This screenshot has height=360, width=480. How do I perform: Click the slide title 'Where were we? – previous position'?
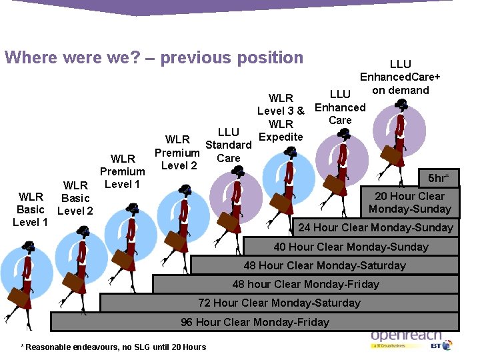[x=154, y=57]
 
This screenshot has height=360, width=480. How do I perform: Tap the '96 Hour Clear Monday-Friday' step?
[x=255, y=322]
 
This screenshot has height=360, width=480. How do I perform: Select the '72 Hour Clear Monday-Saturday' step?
[x=279, y=303]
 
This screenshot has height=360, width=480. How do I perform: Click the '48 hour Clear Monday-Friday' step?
[x=305, y=284]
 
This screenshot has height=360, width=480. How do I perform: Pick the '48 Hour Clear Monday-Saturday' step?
[x=324, y=265]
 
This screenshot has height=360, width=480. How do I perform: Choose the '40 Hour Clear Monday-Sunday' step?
[x=351, y=247]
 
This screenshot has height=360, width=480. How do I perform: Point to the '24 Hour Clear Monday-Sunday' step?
[x=375, y=227]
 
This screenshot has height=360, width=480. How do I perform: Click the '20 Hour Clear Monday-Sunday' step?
[x=409, y=203]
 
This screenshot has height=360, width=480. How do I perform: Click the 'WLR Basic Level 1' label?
[x=31, y=209]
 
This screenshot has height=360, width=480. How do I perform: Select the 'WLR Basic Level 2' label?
[x=75, y=198]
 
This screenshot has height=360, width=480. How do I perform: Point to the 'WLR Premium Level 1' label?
[x=123, y=171]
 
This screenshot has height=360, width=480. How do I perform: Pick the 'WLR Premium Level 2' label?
[x=177, y=153]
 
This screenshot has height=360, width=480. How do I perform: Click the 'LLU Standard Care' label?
[x=228, y=145]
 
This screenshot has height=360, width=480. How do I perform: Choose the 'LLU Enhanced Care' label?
[x=340, y=107]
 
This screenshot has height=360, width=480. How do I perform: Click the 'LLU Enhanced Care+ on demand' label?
[x=400, y=77]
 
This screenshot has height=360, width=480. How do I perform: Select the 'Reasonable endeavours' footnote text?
[x=114, y=347]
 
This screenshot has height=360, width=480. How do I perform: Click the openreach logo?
[x=405, y=337]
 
